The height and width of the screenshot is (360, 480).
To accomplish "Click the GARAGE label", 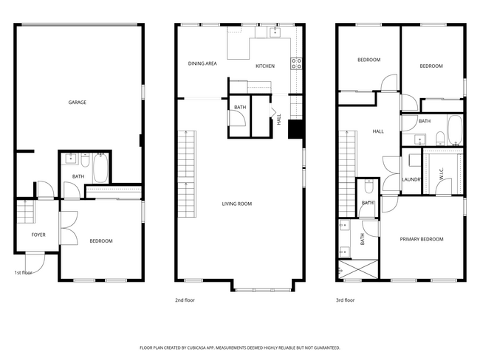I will tap(78, 103).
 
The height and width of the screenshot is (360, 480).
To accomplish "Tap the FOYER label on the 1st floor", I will tap(38, 235).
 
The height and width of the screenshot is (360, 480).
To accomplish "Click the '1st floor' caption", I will tap(24, 273).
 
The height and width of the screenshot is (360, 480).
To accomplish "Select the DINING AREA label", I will tap(202, 64).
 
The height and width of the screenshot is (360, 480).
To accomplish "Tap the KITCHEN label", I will tap(264, 66).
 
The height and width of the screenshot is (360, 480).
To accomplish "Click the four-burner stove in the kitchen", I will tap(297, 63).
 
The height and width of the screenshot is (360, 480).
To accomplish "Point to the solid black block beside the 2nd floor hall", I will tap(295, 129).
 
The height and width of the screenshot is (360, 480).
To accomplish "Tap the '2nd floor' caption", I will tap(185, 300).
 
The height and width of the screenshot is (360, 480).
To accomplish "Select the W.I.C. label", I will tap(442, 177).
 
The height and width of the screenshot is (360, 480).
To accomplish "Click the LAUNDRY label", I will tap(411, 179).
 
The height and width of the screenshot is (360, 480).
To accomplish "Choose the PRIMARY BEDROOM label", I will tap(422, 239).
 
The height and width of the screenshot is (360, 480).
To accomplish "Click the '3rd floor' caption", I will tap(345, 300).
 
